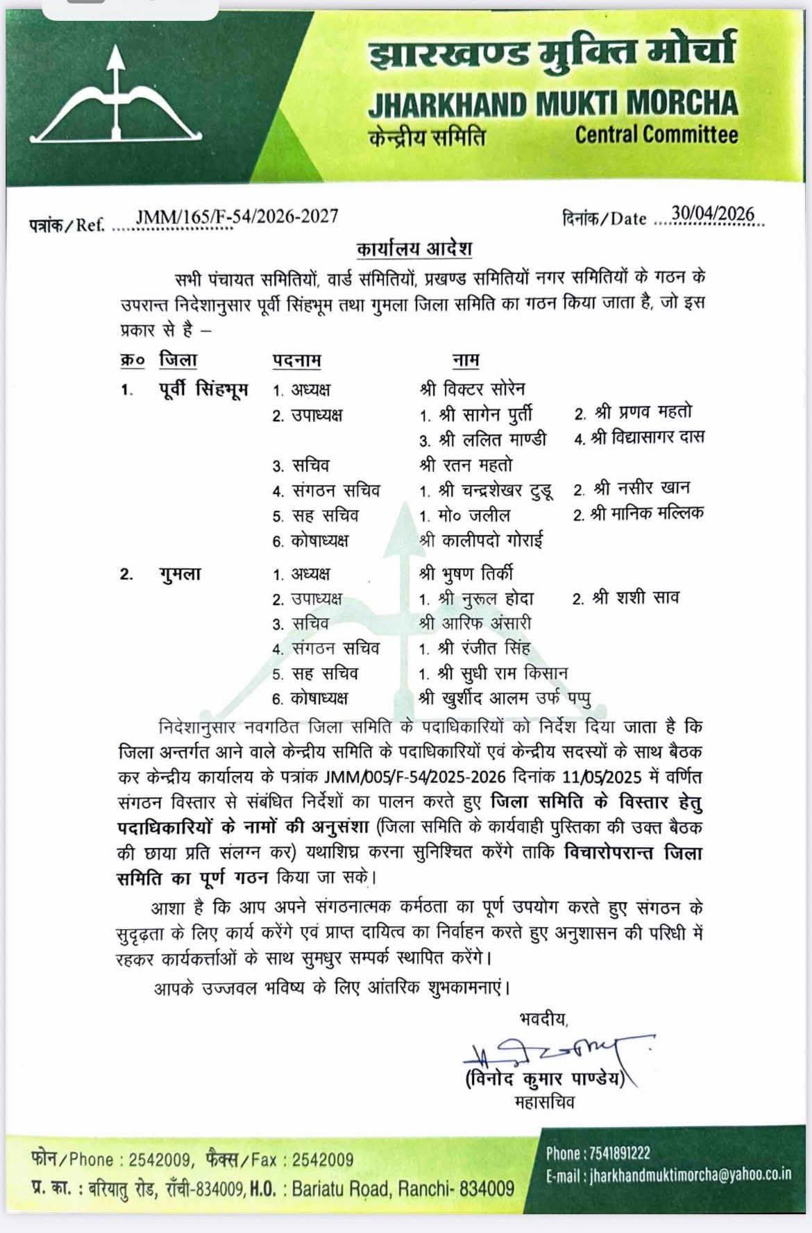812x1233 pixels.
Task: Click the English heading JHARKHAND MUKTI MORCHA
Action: pos(552,103)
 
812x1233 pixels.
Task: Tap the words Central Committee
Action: pos(656,134)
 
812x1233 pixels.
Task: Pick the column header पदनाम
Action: pos(296,361)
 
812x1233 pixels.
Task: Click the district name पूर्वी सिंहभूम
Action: pos(203,389)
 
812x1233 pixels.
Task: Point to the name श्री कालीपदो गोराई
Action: pos(482,540)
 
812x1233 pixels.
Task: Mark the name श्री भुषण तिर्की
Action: pos(466,574)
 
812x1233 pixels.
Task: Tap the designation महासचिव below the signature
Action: pos(544,1102)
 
